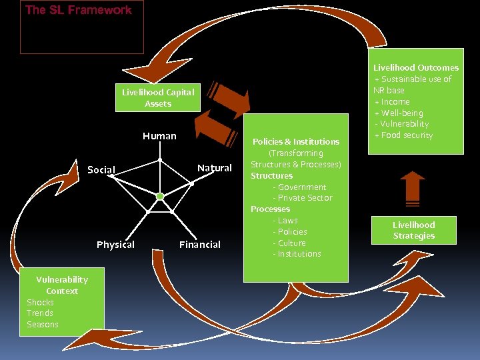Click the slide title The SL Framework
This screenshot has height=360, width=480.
tap(78, 10)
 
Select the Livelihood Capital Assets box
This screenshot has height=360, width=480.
tap(158, 98)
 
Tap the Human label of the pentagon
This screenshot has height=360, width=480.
tap(159, 136)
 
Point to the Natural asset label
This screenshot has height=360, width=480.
tap(215, 168)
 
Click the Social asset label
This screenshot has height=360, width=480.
tap(101, 170)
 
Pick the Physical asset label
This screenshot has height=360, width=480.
tap(115, 245)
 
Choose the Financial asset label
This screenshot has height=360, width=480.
tap(200, 245)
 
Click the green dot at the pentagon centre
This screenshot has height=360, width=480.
tap(160, 196)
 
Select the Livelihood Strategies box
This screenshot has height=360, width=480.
tap(413, 230)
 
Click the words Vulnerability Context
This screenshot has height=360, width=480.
tap(62, 285)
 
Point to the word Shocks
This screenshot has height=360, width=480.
tap(40, 302)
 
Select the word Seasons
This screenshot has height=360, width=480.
tap(43, 325)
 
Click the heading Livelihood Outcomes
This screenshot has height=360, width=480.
tap(416, 67)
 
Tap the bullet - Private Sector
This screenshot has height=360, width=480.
tap(302, 198)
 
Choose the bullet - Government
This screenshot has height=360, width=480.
tap(299, 187)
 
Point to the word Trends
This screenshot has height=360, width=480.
tap(40, 313)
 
